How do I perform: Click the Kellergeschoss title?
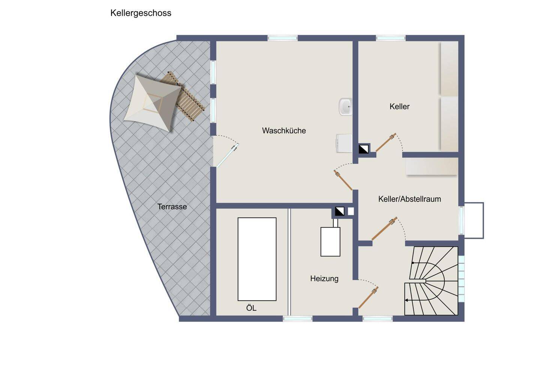pyautogui.click(x=141, y=13)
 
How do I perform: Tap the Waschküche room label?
pyautogui.click(x=284, y=131)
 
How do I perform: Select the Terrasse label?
pyautogui.click(x=172, y=207)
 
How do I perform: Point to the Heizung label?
pyautogui.click(x=324, y=278)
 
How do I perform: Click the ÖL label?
pyautogui.click(x=251, y=308)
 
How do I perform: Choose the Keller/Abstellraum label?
pyautogui.click(x=409, y=199)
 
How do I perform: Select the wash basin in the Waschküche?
pyautogui.click(x=345, y=107)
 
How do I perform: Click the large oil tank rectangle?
pyautogui.click(x=257, y=259)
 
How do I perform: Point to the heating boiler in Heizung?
pyautogui.click(x=330, y=242)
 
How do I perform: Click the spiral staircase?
pyautogui.click(x=431, y=281)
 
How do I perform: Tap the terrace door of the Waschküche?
pyautogui.click(x=227, y=156)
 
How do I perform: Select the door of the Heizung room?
pyautogui.click(x=368, y=298)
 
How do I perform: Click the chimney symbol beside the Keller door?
pyautogui.click(x=363, y=149)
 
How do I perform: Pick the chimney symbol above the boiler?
pyautogui.click(x=340, y=212)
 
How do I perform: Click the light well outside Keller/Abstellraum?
pyautogui.click(x=474, y=220)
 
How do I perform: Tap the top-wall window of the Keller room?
pyautogui.click(x=390, y=38)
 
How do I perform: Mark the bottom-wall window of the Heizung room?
pyautogui.click(x=297, y=319)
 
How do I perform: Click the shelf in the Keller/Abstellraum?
pyautogui.click(x=432, y=166)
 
